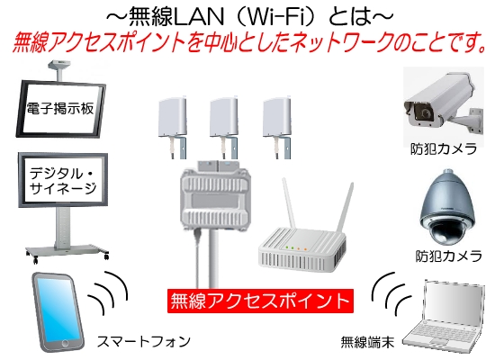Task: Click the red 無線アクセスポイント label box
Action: click(260, 301)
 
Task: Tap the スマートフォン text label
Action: click(144, 341)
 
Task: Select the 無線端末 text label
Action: click(368, 342)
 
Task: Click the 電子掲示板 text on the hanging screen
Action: click(60, 108)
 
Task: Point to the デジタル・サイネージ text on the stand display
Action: click(63, 181)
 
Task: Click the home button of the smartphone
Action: click(66, 342)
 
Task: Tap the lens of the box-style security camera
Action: click(425, 112)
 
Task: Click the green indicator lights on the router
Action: click(290, 247)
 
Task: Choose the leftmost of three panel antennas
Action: click(173, 126)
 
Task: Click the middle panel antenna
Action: click(224, 126)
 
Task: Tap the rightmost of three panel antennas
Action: click(277, 126)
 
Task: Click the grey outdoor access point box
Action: click(216, 196)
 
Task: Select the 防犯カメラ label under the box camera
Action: click(444, 148)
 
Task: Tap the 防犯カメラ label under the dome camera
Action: click(448, 256)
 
